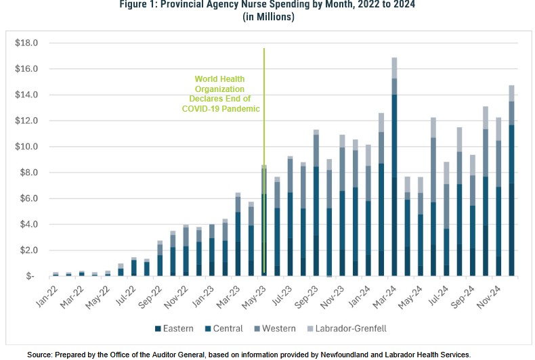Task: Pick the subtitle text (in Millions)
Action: [268, 17]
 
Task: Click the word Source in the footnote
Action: [42, 354]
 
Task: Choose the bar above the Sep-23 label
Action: [316, 203]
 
